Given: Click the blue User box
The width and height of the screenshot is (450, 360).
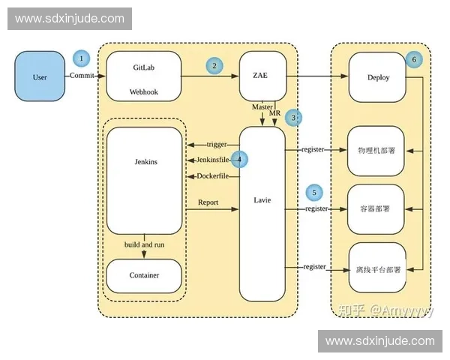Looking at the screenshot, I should [40, 77].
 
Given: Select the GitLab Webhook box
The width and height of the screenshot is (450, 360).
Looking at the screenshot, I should [145, 77].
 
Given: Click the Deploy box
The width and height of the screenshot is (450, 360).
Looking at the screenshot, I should [377, 76].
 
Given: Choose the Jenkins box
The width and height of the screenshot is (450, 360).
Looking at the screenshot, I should [145, 180].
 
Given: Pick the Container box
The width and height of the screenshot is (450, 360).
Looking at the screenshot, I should [144, 275].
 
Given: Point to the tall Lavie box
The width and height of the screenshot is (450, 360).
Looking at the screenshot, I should [262, 214].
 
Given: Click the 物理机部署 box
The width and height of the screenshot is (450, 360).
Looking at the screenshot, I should [376, 150].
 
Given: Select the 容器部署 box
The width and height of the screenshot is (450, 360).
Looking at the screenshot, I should [376, 208].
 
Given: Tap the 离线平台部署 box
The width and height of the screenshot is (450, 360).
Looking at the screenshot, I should [376, 268].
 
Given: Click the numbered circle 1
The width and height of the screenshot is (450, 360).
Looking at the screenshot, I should [81, 58].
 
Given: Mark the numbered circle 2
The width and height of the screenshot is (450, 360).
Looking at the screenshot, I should [214, 66].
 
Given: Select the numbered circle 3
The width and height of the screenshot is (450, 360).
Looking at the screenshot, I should [295, 117].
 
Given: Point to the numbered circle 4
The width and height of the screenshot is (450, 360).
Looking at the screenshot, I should [239, 159].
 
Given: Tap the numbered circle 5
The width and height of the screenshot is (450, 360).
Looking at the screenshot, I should [315, 193].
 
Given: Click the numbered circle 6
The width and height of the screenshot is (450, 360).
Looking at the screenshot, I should [413, 59].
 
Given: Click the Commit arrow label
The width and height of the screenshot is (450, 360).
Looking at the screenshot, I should [82, 76].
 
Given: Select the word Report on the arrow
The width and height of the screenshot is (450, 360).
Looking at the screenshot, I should [208, 202].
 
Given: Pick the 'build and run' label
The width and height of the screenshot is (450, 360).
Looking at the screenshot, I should [144, 245].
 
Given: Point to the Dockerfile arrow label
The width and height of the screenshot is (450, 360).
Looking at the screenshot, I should [212, 176].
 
